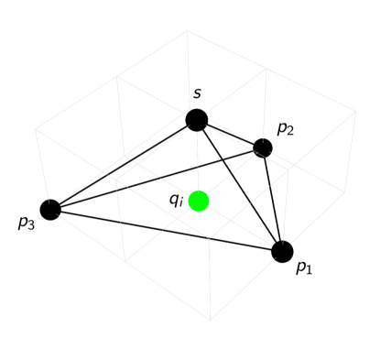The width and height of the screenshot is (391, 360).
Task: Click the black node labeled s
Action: point(196,119)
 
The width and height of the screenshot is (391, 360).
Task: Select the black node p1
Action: point(282,251)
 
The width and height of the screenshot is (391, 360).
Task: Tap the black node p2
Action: point(263,147)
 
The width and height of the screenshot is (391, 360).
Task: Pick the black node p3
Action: point(50,209)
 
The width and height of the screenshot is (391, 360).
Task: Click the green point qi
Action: point(199,201)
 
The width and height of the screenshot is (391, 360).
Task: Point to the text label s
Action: point(197,93)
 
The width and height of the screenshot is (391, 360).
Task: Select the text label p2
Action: point(285,129)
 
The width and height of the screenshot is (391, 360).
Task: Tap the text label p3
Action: point(27,223)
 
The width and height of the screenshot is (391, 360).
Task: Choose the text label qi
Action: point(177,200)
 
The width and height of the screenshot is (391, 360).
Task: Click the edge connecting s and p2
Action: point(230,134)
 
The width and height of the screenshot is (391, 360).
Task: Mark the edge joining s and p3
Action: point(124,164)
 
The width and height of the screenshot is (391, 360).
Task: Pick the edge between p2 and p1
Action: point(273,200)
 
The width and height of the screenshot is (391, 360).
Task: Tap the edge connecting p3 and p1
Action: point(166,230)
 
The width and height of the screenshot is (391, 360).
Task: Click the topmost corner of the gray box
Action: point(189,30)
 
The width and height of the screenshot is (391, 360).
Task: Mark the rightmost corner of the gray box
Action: point(356,114)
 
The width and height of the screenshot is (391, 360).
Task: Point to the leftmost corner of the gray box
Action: point(35,128)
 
